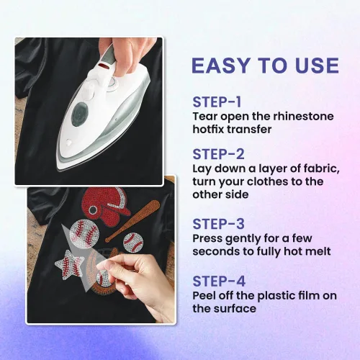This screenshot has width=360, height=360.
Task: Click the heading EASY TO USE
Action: pyautogui.click(x=265, y=66)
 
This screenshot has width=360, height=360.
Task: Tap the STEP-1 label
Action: pyautogui.click(x=217, y=102)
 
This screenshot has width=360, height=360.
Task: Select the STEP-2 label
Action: pyautogui.click(x=218, y=154)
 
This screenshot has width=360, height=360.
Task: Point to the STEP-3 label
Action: pyautogui.click(x=218, y=224)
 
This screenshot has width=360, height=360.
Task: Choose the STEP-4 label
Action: pyautogui.click(x=219, y=281)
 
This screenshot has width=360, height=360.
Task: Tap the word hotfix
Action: pyautogui.click(x=208, y=130)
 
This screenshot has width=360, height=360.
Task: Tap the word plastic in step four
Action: pyautogui.click(x=276, y=296)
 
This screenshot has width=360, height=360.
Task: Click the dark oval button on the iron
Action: pyautogui.click(x=80, y=114)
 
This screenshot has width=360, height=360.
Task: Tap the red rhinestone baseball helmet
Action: pyautogui.click(x=105, y=204)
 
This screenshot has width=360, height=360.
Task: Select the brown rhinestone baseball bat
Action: pyautogui.click(x=132, y=220)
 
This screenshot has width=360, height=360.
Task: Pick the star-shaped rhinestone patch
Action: pyautogui.click(x=69, y=264)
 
